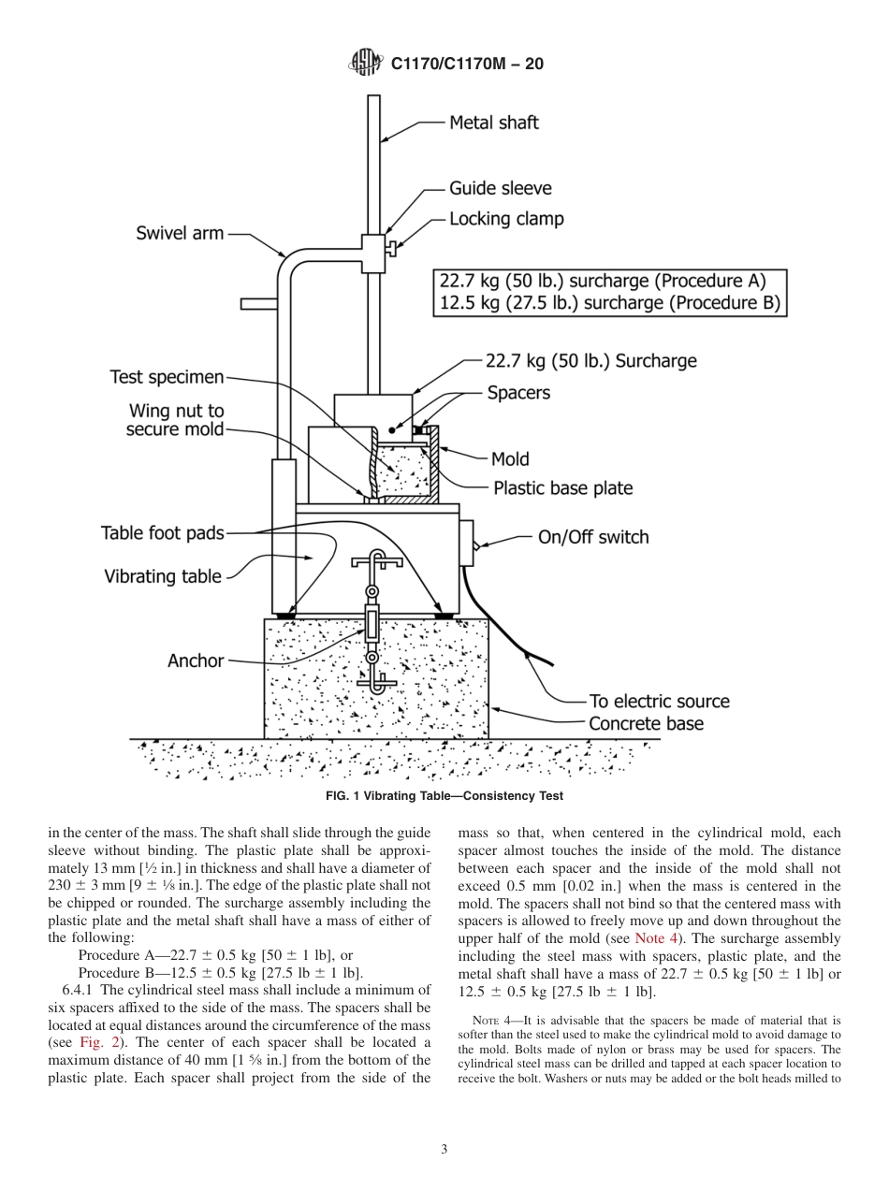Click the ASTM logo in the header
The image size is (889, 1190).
(365, 63)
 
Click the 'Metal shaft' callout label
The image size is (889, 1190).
(494, 122)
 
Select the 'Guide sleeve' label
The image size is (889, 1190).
(501, 188)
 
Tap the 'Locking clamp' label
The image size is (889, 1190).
(506, 219)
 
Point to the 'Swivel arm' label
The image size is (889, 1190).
(179, 233)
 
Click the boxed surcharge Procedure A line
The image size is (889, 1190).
(603, 281)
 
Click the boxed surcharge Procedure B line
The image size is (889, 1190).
(609, 303)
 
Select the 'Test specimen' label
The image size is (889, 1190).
(168, 377)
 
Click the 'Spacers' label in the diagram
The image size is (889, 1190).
(518, 393)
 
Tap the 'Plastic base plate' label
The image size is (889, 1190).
(562, 488)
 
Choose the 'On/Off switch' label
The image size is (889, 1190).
(592, 537)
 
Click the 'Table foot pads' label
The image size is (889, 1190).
(163, 533)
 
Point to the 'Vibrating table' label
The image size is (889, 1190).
(163, 576)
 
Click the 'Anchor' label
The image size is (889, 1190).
(196, 660)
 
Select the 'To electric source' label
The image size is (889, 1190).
(659, 701)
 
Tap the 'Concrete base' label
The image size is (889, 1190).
(646, 723)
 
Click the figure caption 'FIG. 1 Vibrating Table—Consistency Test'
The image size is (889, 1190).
(444, 796)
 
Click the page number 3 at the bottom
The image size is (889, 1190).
(444, 1150)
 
